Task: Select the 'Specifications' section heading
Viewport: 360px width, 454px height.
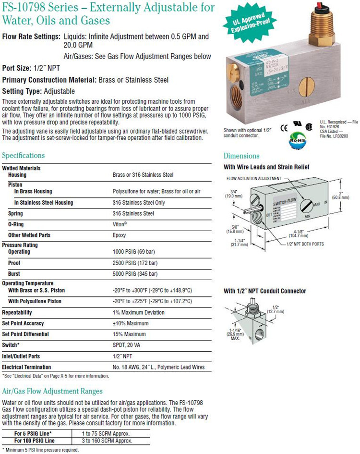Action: point(24,156)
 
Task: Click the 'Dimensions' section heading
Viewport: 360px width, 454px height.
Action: point(241,156)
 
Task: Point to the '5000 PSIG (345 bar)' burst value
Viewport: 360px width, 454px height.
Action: point(135,274)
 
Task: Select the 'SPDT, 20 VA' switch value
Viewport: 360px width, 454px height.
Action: point(127,345)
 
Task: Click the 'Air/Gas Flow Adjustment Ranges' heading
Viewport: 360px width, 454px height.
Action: point(52,391)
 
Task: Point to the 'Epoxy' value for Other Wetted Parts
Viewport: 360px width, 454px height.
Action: point(120,235)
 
